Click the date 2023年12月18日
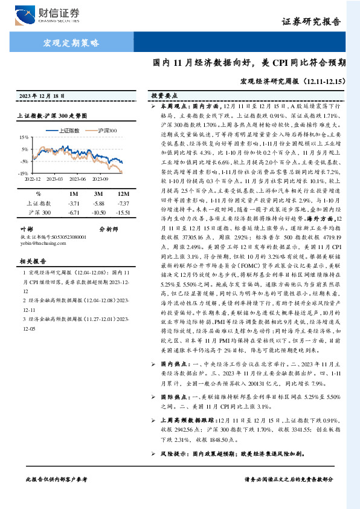pos(41,96)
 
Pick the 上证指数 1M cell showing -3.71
pos(74,204)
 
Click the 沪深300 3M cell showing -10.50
pos(98,213)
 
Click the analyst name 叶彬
pos(26,230)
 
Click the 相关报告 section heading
pos(30,262)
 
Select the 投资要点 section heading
pos(164,96)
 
